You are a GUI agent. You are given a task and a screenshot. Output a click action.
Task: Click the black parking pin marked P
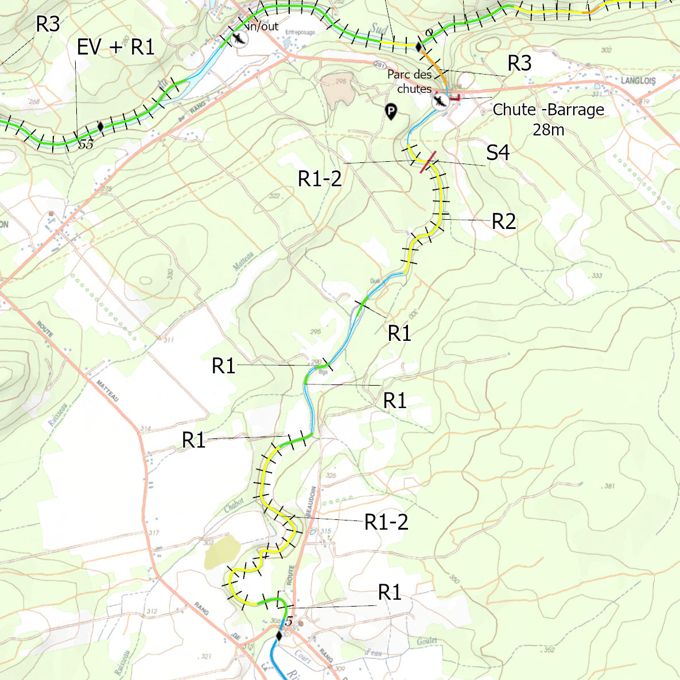390,112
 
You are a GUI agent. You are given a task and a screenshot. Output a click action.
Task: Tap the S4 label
498,153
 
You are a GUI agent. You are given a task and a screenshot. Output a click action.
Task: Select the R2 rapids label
504,222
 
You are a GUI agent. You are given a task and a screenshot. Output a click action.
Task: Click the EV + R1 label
115,48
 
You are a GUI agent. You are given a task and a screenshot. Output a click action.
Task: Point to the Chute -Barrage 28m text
548,119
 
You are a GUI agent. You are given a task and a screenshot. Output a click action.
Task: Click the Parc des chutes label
410,81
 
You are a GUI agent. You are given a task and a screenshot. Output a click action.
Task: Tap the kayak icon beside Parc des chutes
441,102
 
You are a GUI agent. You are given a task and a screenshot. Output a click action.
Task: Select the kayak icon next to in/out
239,39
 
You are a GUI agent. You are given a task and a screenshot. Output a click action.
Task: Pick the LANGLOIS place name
638,81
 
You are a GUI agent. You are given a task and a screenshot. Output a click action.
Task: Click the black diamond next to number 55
101,126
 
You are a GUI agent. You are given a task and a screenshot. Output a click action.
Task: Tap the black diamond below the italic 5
279,635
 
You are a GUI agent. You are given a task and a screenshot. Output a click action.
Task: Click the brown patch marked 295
337,91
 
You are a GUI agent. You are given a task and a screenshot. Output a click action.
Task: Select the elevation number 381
609,486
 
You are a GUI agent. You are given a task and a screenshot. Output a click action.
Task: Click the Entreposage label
300,33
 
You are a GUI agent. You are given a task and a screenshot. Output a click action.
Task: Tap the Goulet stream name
426,641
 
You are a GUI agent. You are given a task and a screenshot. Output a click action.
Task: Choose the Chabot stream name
234,504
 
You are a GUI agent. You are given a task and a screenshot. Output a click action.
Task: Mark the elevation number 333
596,276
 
